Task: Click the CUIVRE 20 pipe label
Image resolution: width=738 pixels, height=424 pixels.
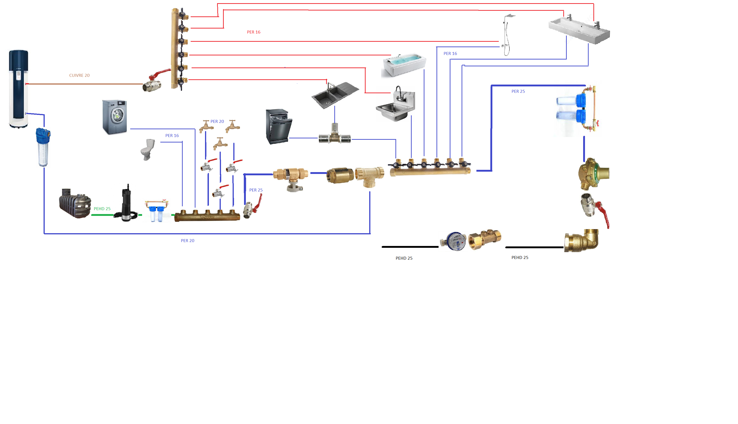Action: [79, 75]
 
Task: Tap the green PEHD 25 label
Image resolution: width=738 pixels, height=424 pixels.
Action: [102, 209]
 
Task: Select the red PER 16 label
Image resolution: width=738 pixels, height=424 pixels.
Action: [253, 32]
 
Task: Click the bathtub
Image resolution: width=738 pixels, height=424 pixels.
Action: [404, 65]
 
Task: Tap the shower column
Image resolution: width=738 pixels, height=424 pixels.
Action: [507, 35]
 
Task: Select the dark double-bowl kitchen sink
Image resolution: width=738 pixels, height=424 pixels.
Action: [335, 95]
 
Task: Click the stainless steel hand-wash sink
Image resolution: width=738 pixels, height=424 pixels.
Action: [396, 105]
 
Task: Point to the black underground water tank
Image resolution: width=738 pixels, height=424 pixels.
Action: [75, 204]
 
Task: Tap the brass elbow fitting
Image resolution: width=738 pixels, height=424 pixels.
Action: [581, 240]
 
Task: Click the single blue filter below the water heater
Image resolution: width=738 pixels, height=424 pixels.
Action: [43, 147]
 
